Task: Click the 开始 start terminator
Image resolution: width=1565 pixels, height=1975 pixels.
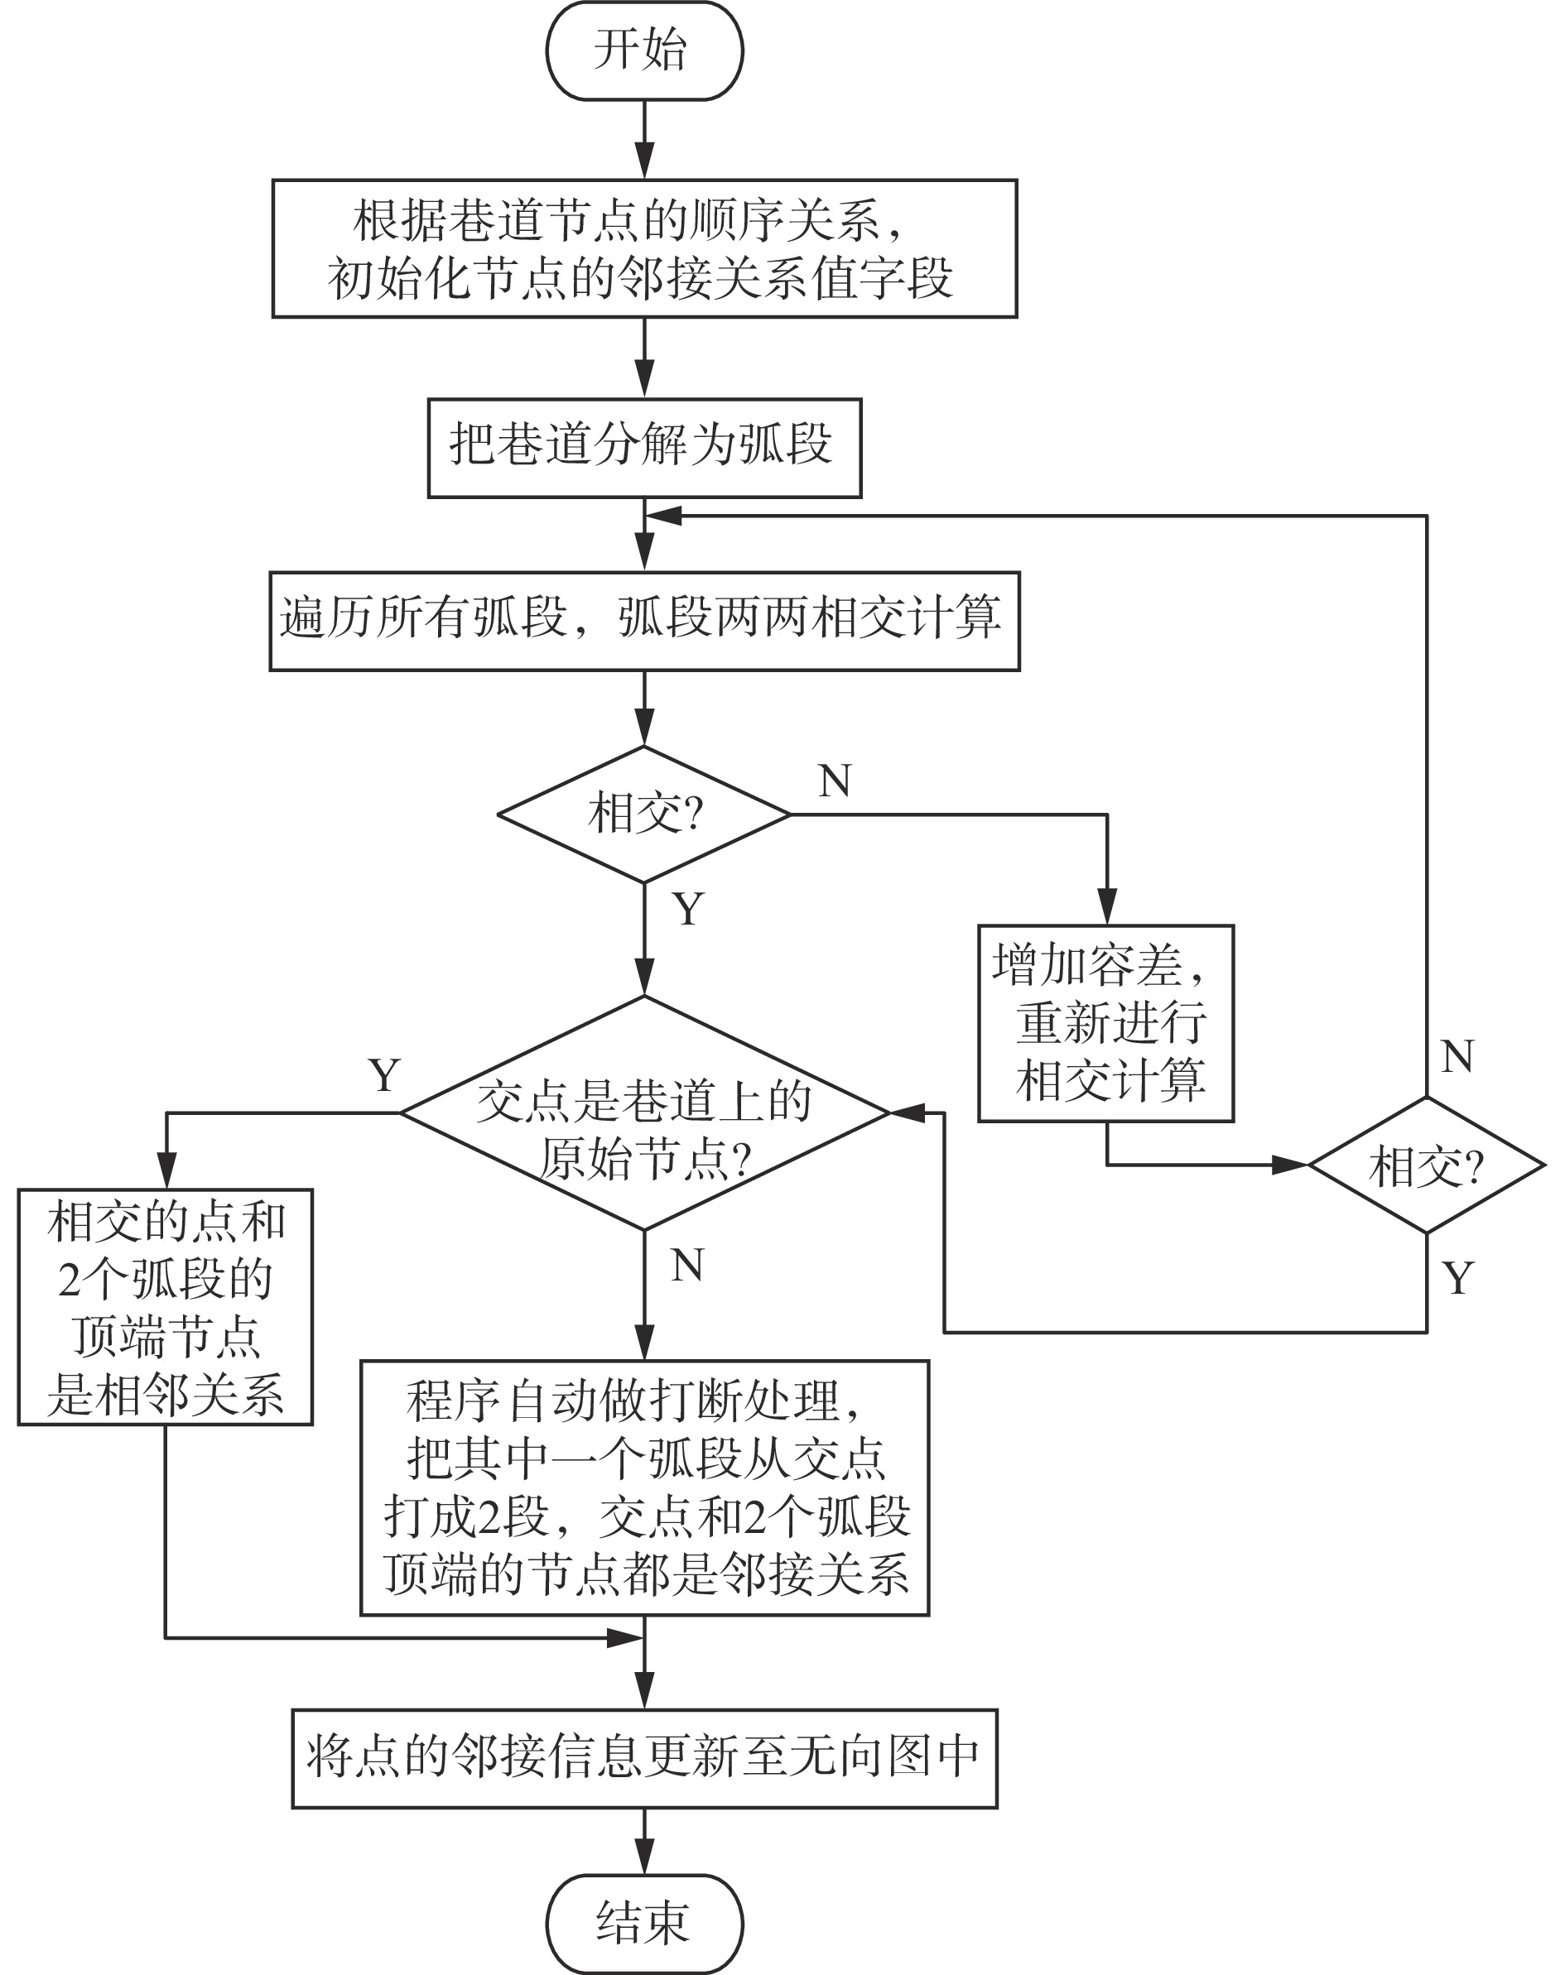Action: pos(644,50)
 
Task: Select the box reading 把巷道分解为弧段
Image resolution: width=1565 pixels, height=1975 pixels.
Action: pos(644,448)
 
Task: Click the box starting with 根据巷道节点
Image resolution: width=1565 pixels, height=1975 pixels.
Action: pos(644,248)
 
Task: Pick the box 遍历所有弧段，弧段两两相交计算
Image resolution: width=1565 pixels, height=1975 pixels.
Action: pos(644,620)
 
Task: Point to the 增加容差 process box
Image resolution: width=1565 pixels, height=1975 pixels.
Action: pos(1106,1022)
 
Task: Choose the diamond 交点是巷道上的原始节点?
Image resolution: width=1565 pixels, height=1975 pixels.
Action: pos(644,1112)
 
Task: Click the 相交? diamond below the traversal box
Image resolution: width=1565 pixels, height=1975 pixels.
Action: pos(644,814)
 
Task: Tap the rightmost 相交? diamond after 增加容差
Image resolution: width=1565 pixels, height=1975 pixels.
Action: pos(1426,1165)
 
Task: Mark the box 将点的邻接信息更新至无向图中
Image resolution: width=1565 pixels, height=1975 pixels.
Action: pos(644,1758)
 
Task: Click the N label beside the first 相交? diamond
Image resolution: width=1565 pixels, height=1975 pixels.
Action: pos(835,781)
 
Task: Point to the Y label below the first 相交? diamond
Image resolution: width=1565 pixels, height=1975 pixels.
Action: pos(688,909)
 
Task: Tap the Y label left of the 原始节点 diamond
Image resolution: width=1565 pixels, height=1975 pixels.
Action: pos(384,1074)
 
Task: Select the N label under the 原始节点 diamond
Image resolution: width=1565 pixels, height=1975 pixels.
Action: pos(687,1265)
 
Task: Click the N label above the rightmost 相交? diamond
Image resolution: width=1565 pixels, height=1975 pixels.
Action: pos(1457,1056)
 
